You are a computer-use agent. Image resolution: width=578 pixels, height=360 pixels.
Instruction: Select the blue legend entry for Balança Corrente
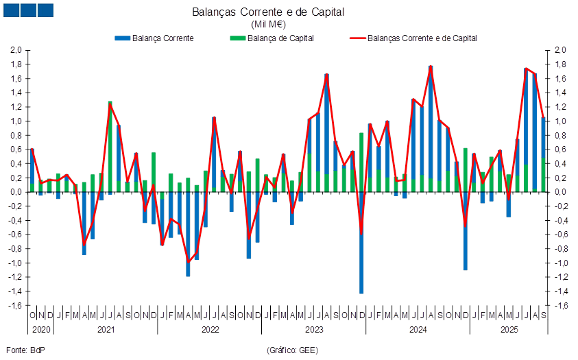(x=154, y=38)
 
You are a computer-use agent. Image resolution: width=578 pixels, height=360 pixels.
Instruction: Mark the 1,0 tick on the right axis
(x=561, y=121)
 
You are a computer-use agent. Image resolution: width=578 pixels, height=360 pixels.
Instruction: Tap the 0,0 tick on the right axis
(x=561, y=192)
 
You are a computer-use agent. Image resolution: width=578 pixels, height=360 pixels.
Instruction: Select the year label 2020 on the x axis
(x=40, y=330)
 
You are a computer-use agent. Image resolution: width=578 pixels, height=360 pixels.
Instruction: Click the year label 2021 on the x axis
(x=106, y=330)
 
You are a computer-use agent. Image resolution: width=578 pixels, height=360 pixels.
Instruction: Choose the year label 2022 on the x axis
(x=210, y=330)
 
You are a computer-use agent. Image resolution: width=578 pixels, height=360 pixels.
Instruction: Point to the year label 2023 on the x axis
(x=314, y=330)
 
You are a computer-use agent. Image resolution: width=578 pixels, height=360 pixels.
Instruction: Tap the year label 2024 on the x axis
(x=418, y=330)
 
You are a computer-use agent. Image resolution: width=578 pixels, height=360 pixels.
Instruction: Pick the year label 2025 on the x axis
(x=509, y=330)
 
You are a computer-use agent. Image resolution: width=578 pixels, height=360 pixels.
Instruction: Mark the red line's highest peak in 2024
(x=431, y=67)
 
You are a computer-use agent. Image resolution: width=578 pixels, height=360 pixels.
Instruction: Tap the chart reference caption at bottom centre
(x=291, y=350)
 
